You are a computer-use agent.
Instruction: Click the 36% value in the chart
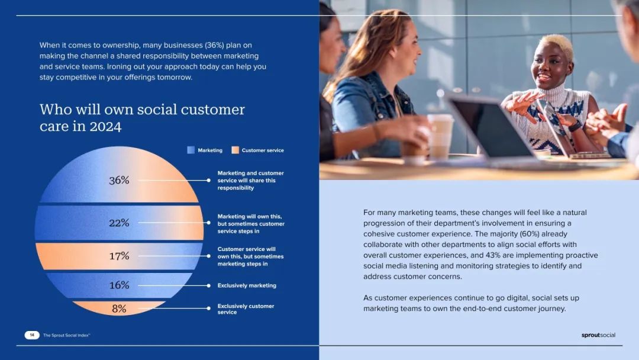click(119, 180)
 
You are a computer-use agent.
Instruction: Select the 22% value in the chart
click(119, 223)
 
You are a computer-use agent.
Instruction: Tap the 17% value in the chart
click(119, 256)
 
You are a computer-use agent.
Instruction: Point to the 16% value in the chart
click(119, 285)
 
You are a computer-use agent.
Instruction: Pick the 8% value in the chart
click(119, 308)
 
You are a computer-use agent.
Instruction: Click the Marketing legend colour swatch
click(191, 150)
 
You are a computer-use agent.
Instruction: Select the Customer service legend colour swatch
click(235, 150)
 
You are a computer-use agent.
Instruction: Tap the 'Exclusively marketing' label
click(247, 285)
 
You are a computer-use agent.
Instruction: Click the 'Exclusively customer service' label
click(246, 309)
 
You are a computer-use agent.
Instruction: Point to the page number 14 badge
click(32, 335)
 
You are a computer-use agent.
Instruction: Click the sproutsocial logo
click(598, 335)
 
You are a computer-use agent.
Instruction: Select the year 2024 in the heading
click(105, 126)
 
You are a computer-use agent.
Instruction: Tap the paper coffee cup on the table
click(440, 136)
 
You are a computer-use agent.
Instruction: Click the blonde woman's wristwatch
click(575, 125)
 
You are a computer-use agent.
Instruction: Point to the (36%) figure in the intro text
click(214, 45)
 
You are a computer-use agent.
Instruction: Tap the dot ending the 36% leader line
click(209, 180)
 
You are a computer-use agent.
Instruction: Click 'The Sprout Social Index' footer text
click(66, 335)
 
